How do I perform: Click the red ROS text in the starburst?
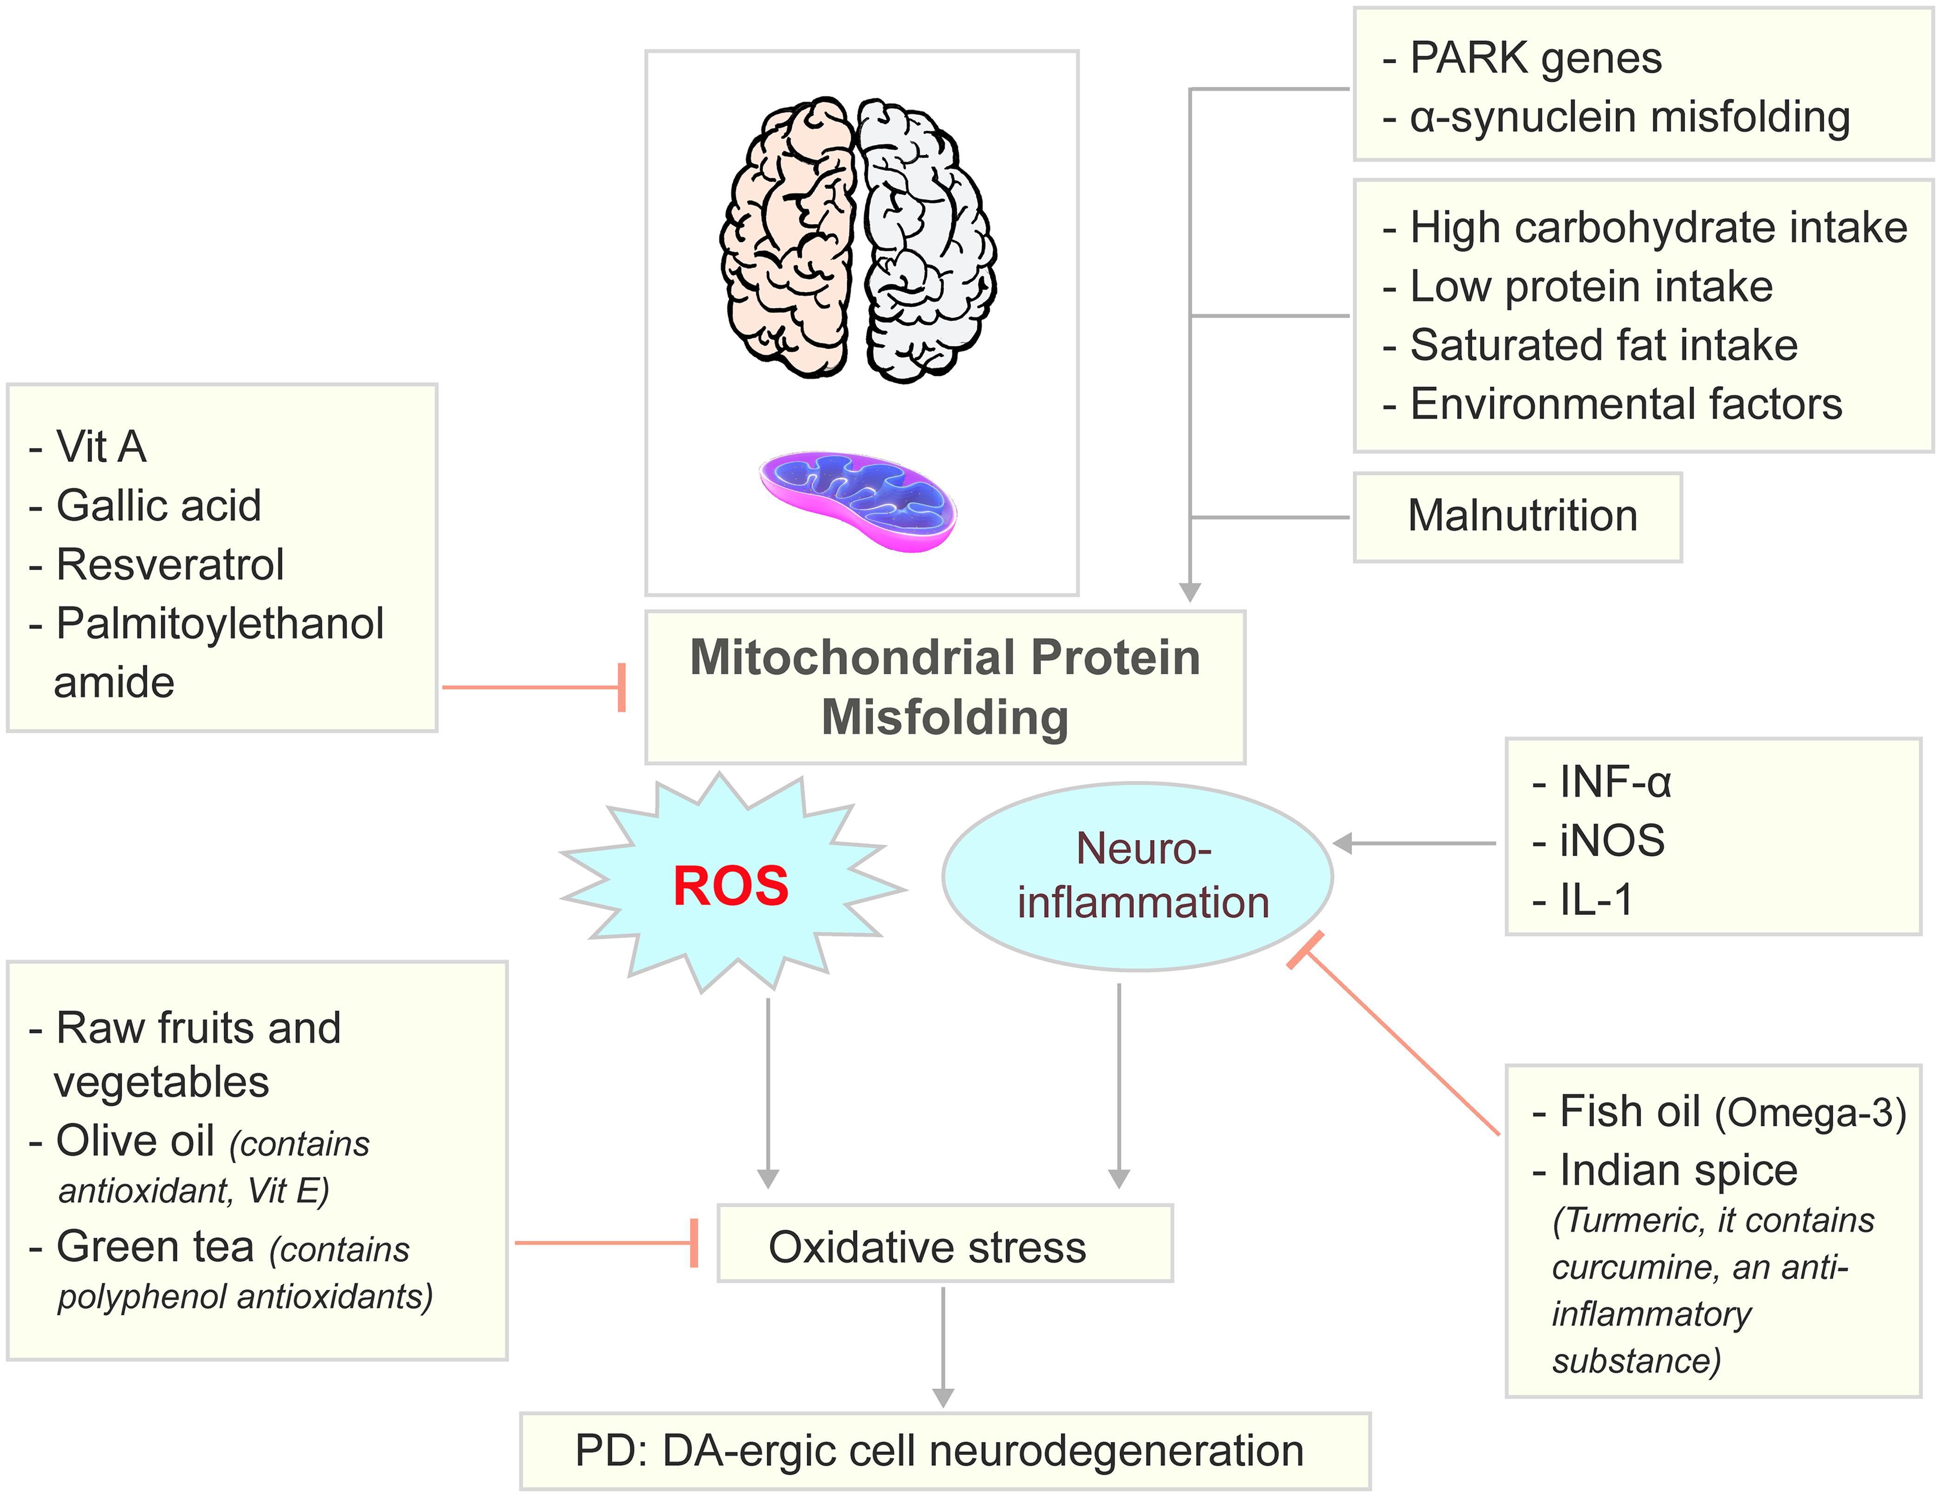731,886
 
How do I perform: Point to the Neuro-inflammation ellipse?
1137,876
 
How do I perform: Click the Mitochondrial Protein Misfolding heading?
945,686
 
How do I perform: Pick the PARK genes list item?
1535,59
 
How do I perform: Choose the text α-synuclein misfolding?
1629,118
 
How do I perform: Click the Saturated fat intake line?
1603,345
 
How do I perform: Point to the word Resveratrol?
170,565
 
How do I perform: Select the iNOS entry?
1611,841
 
